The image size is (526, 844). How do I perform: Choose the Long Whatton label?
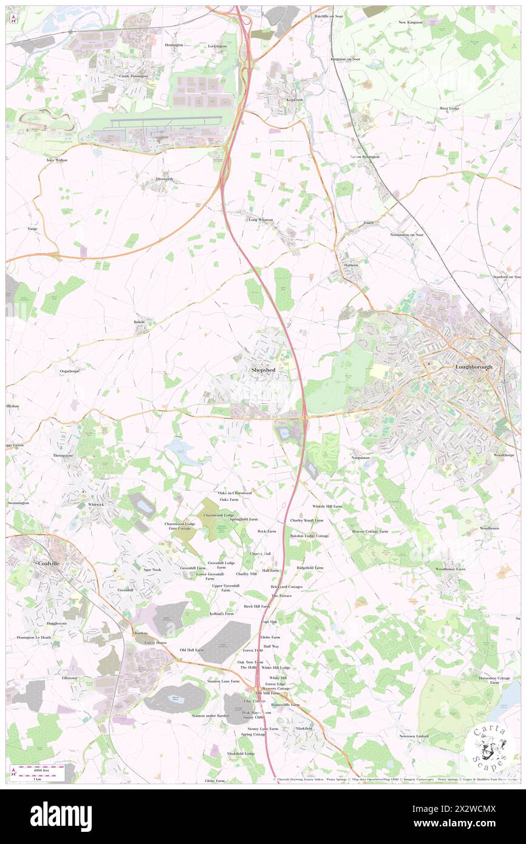tap(261, 220)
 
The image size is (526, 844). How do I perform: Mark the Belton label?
tap(140, 322)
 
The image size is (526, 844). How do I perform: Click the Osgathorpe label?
tap(66, 370)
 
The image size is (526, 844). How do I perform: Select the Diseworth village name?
tap(164, 179)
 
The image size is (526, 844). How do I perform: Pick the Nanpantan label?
tap(360, 457)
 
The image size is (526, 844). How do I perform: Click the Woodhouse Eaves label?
tap(450, 569)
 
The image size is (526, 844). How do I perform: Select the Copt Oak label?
tap(268, 622)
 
